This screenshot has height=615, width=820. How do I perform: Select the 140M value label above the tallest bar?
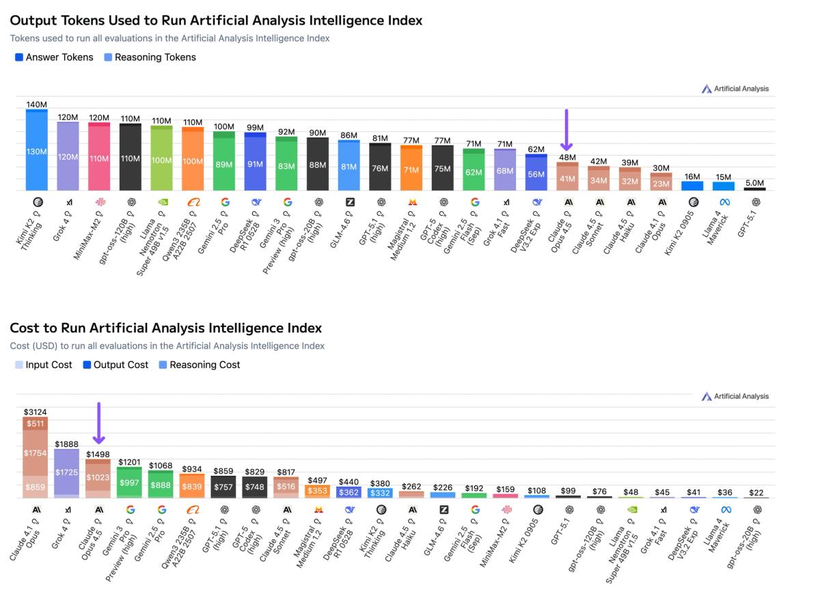[x=37, y=104]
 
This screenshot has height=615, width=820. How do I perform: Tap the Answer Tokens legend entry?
[x=54, y=57]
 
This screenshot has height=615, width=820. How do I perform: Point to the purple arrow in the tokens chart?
[x=566, y=130]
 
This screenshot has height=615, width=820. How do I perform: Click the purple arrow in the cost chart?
[x=99, y=423]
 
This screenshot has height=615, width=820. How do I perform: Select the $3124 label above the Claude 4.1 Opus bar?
[x=36, y=412]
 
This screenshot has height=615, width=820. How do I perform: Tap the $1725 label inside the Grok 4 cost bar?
[x=67, y=472]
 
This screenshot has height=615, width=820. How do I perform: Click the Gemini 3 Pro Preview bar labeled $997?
[x=130, y=483]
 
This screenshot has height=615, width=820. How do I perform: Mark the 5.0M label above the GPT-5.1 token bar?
[x=755, y=183]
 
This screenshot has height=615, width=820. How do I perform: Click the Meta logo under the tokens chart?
[x=726, y=202]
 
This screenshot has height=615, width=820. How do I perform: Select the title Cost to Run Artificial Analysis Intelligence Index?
[x=166, y=328]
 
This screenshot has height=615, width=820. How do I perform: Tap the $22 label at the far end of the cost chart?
[x=756, y=493]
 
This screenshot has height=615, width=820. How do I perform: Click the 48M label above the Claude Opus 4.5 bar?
[x=567, y=157]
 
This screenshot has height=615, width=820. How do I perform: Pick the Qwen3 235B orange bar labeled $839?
[x=193, y=486]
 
